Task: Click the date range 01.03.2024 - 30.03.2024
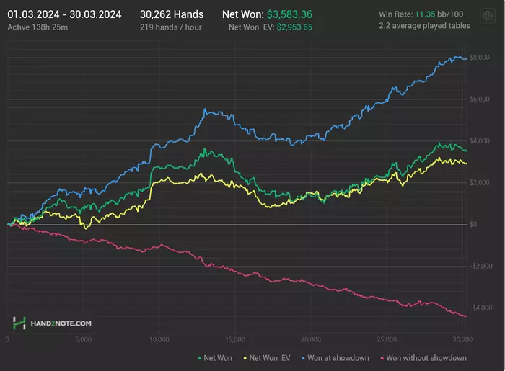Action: pyautogui.click(x=64, y=14)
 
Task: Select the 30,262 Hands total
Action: pyautogui.click(x=172, y=14)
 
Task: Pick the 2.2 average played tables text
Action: pyautogui.click(x=424, y=26)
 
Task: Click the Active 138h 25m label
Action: pyautogui.click(x=38, y=27)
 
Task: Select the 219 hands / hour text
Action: pyautogui.click(x=170, y=27)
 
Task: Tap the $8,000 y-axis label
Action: pyautogui.click(x=479, y=58)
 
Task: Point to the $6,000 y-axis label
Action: pyautogui.click(x=479, y=99)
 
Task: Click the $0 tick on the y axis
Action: pyautogui.click(x=474, y=225)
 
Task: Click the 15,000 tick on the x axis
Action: pyautogui.click(x=234, y=339)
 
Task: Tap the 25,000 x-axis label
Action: pyautogui.click(x=387, y=339)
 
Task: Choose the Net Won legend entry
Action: pyautogui.click(x=216, y=357)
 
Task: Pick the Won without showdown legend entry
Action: pyautogui.click(x=426, y=357)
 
